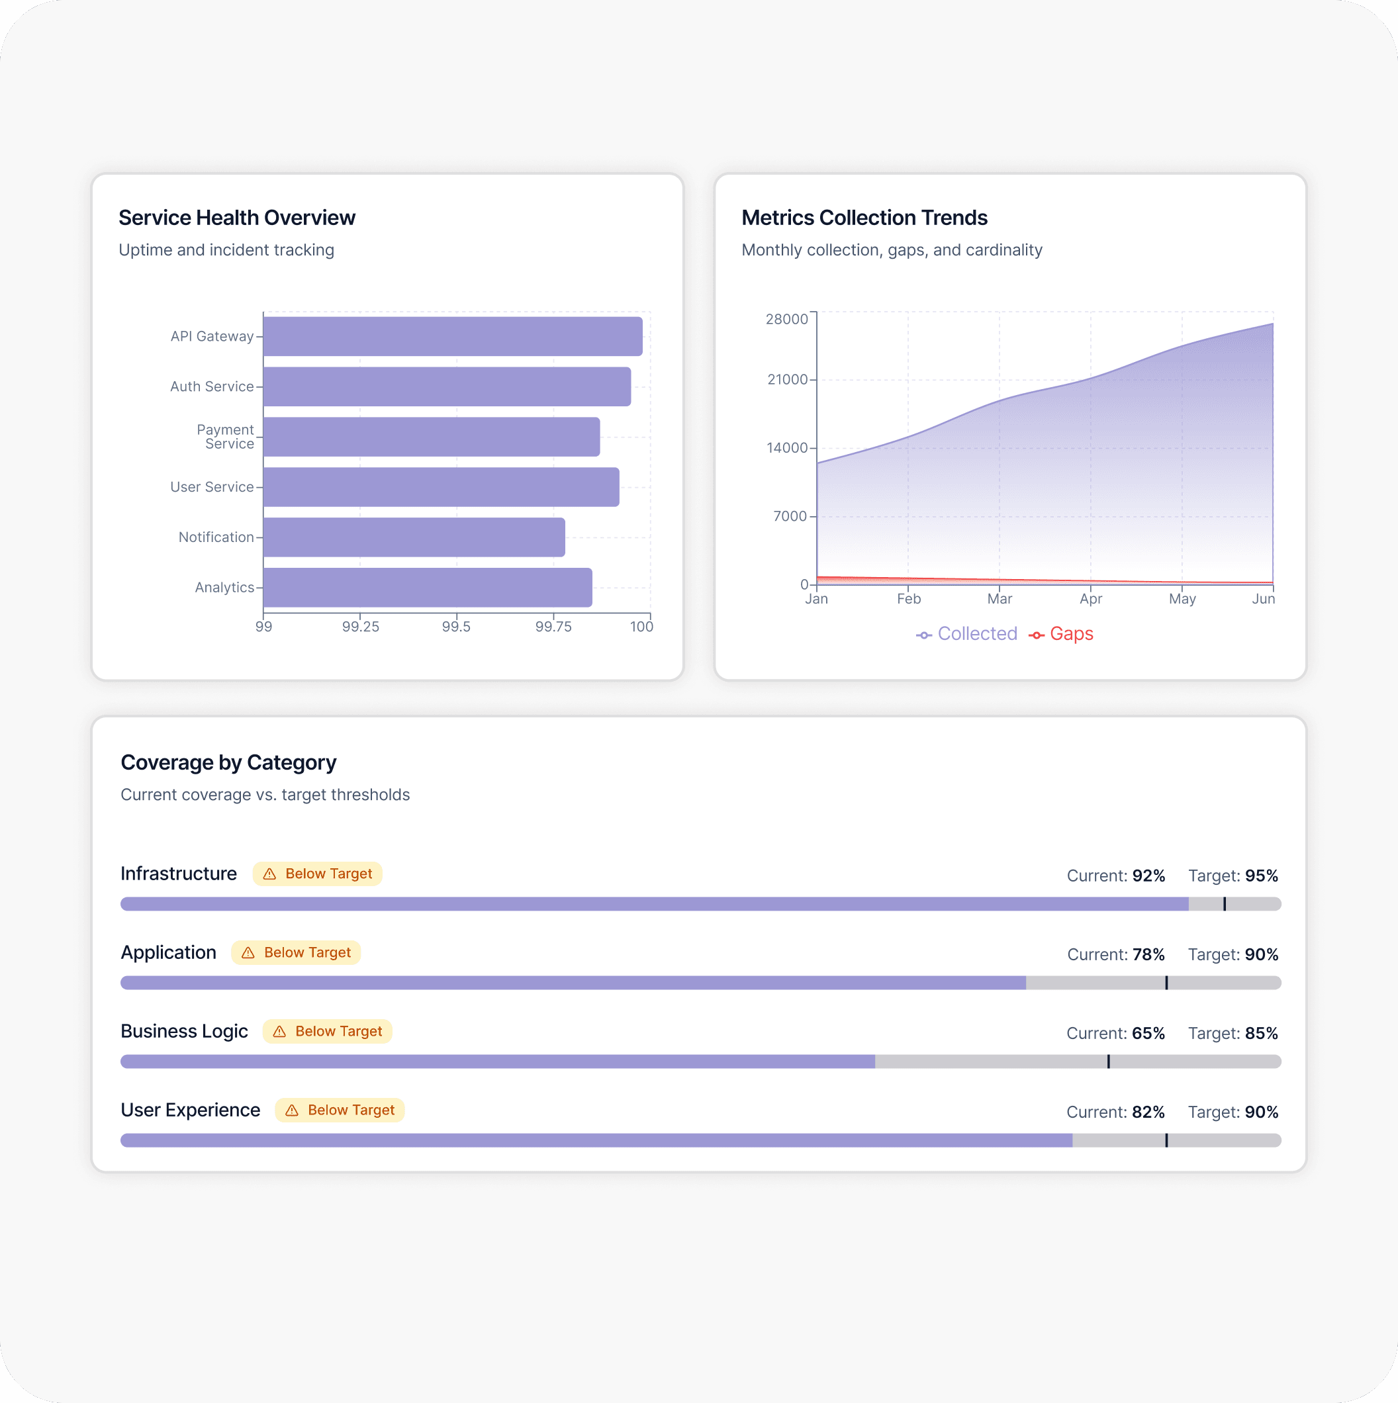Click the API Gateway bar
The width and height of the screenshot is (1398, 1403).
[x=453, y=336]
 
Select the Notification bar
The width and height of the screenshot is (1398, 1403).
[x=414, y=537]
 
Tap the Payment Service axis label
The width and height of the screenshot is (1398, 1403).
[x=226, y=436]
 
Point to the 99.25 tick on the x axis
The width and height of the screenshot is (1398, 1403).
[x=360, y=626]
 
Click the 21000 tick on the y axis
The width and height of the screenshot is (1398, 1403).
[x=787, y=380]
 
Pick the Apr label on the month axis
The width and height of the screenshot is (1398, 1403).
[x=1090, y=599]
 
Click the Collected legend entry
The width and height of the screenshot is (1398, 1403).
[x=966, y=634]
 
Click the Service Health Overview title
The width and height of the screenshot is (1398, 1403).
[x=237, y=218]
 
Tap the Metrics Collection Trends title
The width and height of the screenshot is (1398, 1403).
[x=864, y=218]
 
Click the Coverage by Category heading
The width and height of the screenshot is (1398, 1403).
[x=228, y=762]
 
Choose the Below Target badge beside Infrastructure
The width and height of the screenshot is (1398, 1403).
[x=317, y=874]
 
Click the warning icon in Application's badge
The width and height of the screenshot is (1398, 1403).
[x=248, y=953]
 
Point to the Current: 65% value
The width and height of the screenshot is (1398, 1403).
[x=1115, y=1033]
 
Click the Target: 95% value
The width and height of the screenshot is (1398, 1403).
[x=1233, y=876]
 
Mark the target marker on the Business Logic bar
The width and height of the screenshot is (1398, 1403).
[x=1108, y=1062]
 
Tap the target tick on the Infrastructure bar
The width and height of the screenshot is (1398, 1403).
[x=1225, y=904]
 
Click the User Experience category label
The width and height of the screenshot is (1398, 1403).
[x=190, y=1110]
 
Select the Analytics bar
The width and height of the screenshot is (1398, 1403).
[x=428, y=588]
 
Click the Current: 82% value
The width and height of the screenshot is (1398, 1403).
[x=1115, y=1112]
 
